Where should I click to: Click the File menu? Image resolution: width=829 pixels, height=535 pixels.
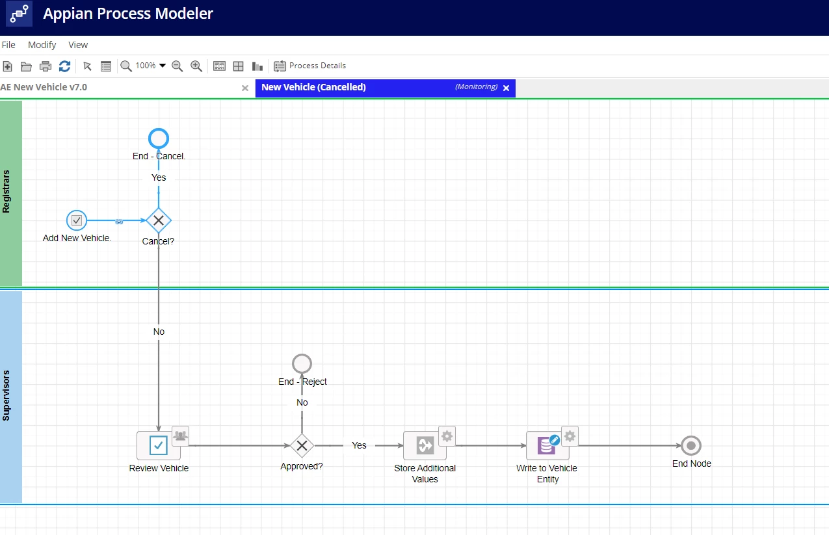click(8, 45)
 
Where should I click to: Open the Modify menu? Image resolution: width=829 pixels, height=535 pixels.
click(42, 45)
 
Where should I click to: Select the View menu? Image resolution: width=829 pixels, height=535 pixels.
click(78, 45)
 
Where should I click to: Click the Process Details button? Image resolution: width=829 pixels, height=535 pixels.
click(309, 66)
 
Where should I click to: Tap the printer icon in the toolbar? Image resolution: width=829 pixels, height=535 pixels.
click(46, 66)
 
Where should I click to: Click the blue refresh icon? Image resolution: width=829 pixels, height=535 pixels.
click(65, 66)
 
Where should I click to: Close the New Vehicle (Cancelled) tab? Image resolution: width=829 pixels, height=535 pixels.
click(507, 88)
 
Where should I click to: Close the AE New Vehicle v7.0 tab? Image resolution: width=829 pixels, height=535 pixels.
click(245, 88)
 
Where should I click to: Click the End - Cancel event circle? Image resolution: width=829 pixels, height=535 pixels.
click(159, 138)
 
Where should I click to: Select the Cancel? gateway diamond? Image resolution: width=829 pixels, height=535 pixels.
click(159, 220)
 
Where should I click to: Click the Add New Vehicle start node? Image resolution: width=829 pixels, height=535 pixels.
click(77, 220)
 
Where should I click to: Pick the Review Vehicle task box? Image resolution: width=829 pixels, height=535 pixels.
click(159, 445)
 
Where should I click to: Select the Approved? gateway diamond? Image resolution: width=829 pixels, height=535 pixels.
click(302, 445)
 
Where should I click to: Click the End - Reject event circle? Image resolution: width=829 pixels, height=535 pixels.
click(302, 363)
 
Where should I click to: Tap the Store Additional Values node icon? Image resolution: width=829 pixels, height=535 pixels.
click(425, 445)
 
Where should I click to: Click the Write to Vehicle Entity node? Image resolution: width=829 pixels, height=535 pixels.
click(547, 445)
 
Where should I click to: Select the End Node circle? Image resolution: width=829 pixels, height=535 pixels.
click(691, 445)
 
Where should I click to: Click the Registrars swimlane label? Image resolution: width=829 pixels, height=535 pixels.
click(7, 192)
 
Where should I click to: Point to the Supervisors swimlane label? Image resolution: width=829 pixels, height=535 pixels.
click(7, 395)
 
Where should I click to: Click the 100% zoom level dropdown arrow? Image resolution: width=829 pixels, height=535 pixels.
click(163, 66)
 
